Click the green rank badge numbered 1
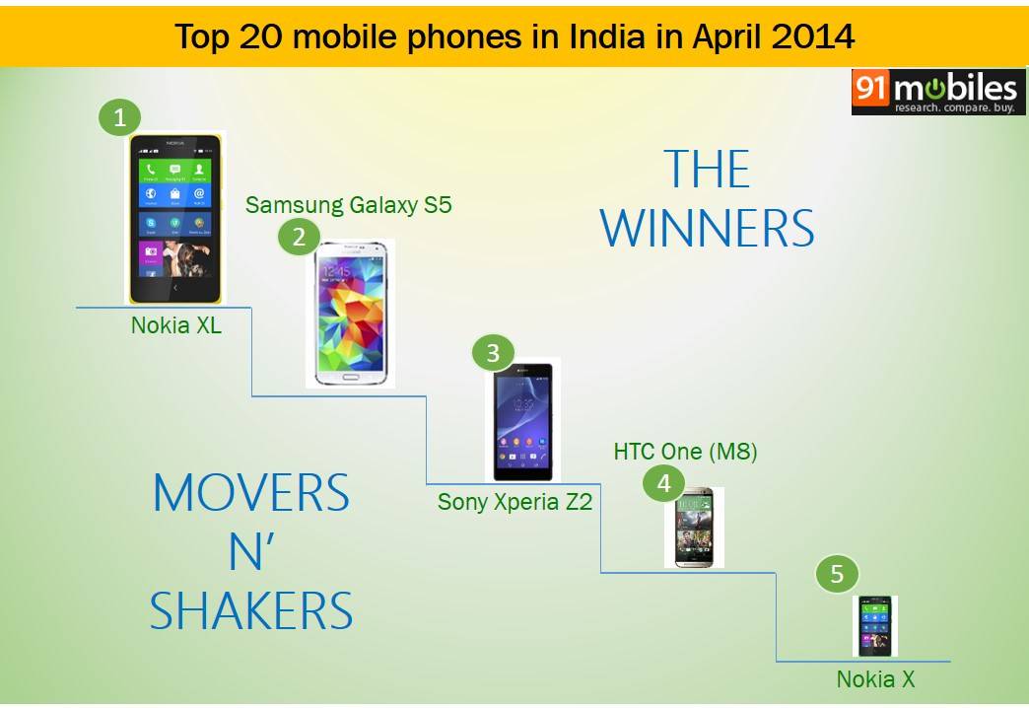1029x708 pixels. click(x=119, y=118)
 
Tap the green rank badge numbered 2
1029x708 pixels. click(x=298, y=237)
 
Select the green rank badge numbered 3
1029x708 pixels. click(x=493, y=353)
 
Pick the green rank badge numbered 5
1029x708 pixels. click(x=837, y=575)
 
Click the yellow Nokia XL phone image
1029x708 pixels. click(x=175, y=218)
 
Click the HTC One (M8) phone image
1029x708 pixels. click(x=693, y=528)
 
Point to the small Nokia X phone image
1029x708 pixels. click(x=874, y=625)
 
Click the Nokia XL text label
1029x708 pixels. click(x=176, y=324)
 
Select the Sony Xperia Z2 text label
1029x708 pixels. click(x=514, y=502)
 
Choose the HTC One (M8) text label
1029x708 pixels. click(x=685, y=452)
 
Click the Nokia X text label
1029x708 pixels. click(x=875, y=679)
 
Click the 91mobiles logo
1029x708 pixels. click(x=938, y=92)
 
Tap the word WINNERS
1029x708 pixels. click(x=708, y=229)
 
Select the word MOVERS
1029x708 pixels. click(x=251, y=493)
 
